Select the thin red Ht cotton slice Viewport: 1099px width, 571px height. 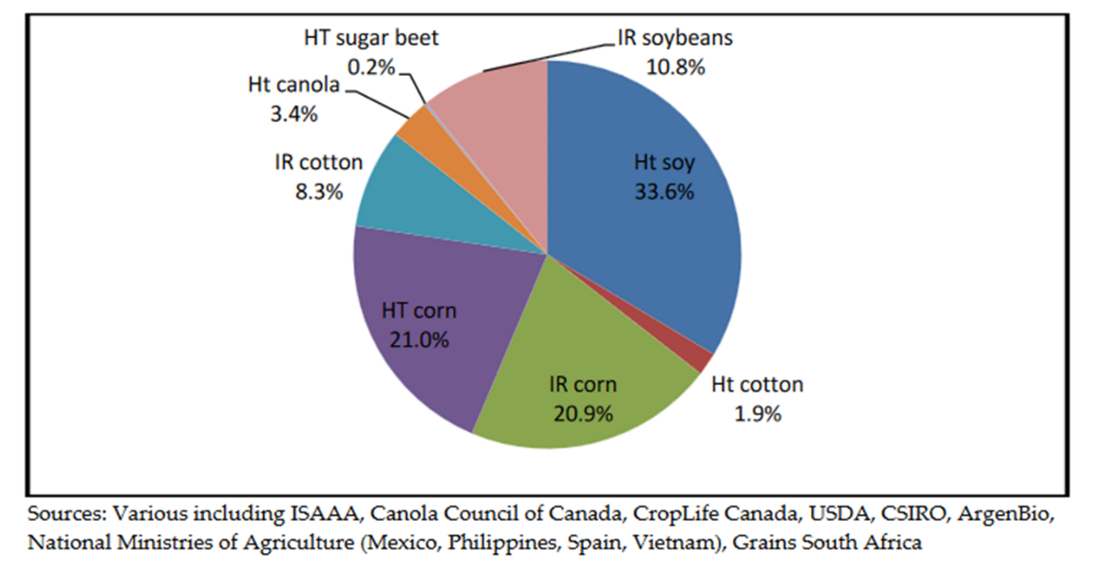pos(704,360)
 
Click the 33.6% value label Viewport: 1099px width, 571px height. pos(664,191)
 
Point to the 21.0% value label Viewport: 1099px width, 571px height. pos(418,339)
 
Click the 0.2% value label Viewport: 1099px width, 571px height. pos(371,67)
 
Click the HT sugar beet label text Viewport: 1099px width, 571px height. pos(371,39)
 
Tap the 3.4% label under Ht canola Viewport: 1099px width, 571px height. pos(294,113)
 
